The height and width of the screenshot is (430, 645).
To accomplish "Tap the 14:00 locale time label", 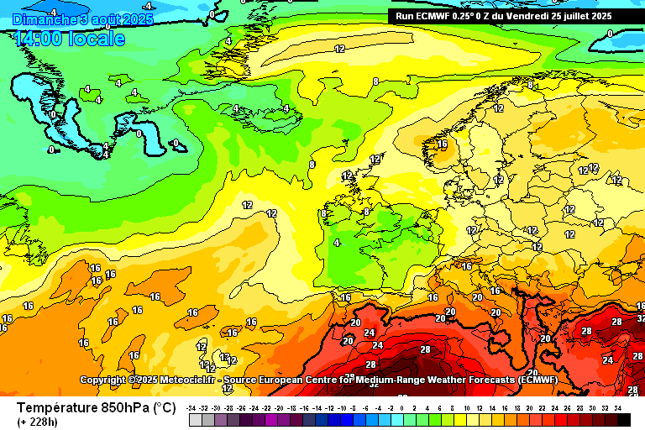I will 70,39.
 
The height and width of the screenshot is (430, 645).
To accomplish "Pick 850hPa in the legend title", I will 126,407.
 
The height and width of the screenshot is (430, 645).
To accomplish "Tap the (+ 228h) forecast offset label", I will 37,422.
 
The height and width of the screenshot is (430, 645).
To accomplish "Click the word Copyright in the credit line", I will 102,380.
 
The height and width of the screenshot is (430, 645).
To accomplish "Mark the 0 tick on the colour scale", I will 403,407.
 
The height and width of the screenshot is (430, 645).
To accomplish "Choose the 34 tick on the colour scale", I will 618,407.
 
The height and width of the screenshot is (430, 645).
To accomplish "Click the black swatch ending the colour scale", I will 624,419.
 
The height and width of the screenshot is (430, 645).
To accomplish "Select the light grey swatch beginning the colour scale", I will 195,419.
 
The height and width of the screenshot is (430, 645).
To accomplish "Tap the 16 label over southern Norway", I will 442,144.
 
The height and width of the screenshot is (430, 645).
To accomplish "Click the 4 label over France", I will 338,243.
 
